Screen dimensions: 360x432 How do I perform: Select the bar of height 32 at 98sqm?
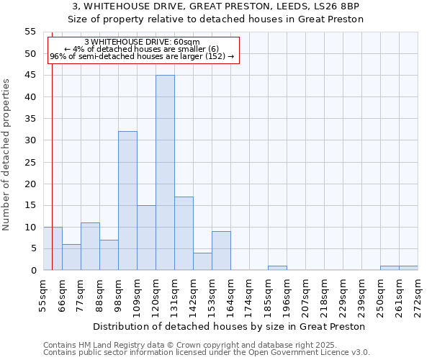pyautogui.click(x=127, y=201)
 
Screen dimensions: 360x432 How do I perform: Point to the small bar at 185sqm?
pyautogui.click(x=277, y=268)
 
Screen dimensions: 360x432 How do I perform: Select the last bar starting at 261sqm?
pyautogui.click(x=408, y=268)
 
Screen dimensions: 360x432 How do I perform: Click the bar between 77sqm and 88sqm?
pyautogui.click(x=90, y=246)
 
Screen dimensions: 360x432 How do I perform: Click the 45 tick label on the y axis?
pyautogui.click(x=30, y=76)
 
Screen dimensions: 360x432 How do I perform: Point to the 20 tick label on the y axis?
pyautogui.click(x=30, y=184)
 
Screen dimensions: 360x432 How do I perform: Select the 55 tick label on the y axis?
pyautogui.click(x=30, y=32)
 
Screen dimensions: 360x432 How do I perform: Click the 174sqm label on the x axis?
pyautogui.click(x=248, y=296)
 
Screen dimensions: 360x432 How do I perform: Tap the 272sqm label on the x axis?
pyautogui.click(x=417, y=296)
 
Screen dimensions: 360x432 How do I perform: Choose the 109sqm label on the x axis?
pyautogui.click(x=136, y=296)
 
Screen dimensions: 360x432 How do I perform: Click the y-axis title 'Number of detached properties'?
pyautogui.click(x=7, y=155)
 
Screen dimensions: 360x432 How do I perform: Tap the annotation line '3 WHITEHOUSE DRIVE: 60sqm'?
pyautogui.click(x=142, y=42)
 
